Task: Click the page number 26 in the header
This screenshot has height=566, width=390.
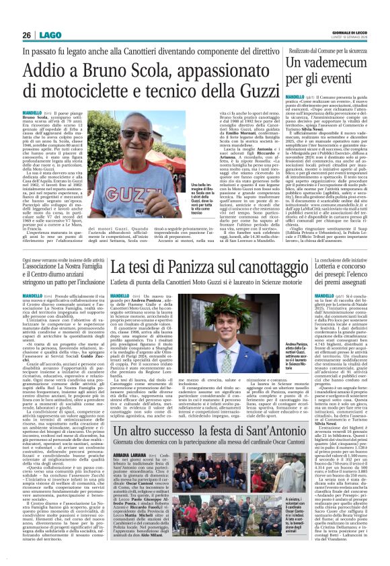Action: pyautogui.click(x=28, y=35)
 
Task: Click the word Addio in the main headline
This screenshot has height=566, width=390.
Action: pyautogui.click(x=48, y=69)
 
